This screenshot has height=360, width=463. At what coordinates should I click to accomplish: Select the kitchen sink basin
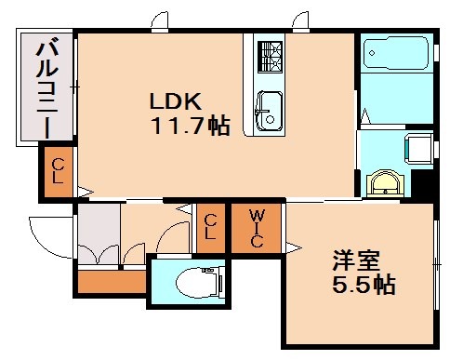[269, 109]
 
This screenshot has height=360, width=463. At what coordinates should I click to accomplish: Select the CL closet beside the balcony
[58, 173]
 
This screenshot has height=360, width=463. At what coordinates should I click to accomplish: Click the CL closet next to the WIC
[212, 226]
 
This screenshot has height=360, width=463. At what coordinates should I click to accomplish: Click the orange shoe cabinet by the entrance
[109, 280]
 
